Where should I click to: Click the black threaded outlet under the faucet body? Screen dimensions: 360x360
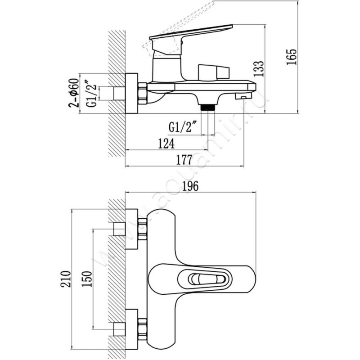(x=207, y=107)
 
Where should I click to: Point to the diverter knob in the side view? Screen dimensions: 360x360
(x=213, y=72)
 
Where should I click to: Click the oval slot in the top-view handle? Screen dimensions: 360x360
(x=204, y=279)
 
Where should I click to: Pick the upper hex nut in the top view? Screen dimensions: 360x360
(x=143, y=229)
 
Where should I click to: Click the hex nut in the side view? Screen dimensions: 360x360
(x=143, y=94)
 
